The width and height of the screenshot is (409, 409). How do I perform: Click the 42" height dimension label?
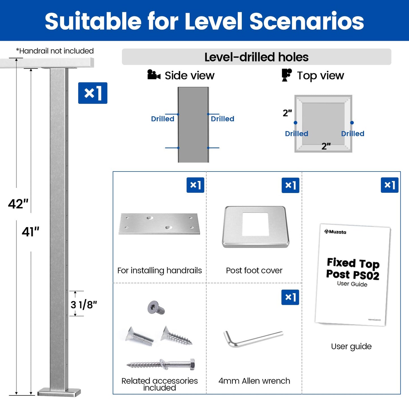[18, 204]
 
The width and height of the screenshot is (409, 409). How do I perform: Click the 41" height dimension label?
[31, 232]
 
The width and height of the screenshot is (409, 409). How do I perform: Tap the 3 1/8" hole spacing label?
[83, 305]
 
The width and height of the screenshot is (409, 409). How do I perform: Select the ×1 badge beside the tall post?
[93, 93]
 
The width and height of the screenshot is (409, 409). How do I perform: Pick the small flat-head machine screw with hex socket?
[156, 308]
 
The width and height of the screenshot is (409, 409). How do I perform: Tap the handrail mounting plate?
[159, 224]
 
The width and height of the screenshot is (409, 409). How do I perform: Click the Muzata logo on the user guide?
[335, 232]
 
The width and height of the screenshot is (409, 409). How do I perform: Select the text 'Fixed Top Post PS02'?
[353, 269]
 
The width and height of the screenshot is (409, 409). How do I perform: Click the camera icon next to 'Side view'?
[154, 75]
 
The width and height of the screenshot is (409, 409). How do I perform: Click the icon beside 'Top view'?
[286, 75]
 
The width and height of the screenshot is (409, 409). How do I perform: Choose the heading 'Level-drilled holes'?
[256, 57]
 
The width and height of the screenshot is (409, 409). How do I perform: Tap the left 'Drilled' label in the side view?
[162, 119]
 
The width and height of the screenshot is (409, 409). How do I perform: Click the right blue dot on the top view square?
[352, 123]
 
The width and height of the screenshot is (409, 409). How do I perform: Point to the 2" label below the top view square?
[326, 146]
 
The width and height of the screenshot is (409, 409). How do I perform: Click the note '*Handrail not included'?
[55, 51]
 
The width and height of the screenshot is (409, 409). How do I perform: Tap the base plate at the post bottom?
[59, 392]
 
